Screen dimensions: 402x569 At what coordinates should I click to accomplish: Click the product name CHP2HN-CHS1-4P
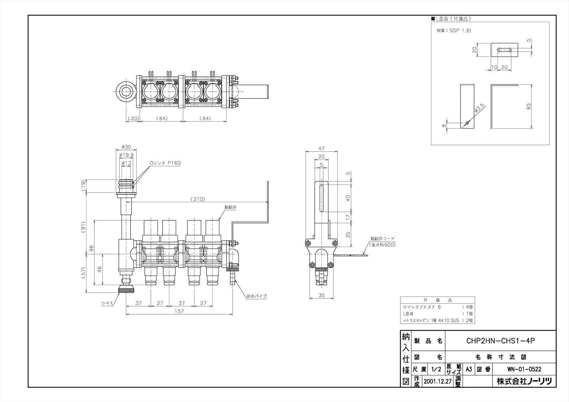500,341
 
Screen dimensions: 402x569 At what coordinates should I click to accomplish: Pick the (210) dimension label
198,199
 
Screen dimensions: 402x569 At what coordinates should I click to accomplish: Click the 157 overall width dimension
180,311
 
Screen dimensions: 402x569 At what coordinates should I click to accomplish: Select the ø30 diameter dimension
126,147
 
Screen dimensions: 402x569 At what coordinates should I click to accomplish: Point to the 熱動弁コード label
382,239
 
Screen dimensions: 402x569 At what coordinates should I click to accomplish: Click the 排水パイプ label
256,296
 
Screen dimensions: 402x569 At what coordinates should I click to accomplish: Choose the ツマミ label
107,303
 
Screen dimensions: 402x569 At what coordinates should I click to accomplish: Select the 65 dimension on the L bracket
529,106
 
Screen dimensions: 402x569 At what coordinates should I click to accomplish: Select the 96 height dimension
91,248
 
